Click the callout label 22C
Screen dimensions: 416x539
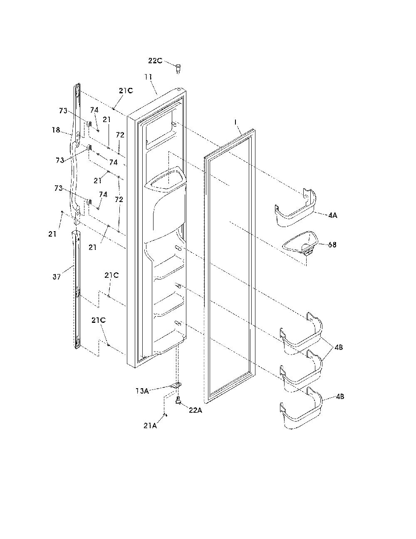(x=155, y=60)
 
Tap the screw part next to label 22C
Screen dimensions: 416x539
(x=178, y=68)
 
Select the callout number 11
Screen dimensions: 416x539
(x=149, y=77)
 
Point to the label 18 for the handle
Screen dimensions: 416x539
(x=56, y=130)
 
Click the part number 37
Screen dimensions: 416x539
(x=57, y=277)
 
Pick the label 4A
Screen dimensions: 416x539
(x=333, y=215)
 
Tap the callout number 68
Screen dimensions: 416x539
(x=332, y=245)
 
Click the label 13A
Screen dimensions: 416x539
(x=142, y=391)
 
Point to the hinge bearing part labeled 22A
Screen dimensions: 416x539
(x=178, y=400)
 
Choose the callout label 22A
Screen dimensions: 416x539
(x=196, y=411)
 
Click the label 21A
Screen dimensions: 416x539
(x=150, y=426)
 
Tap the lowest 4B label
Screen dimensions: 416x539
(x=340, y=397)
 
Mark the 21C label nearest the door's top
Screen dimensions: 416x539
(x=126, y=91)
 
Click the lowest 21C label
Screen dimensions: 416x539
(x=99, y=320)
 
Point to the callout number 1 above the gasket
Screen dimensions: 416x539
(x=235, y=122)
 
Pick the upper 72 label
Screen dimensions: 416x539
(x=120, y=135)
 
